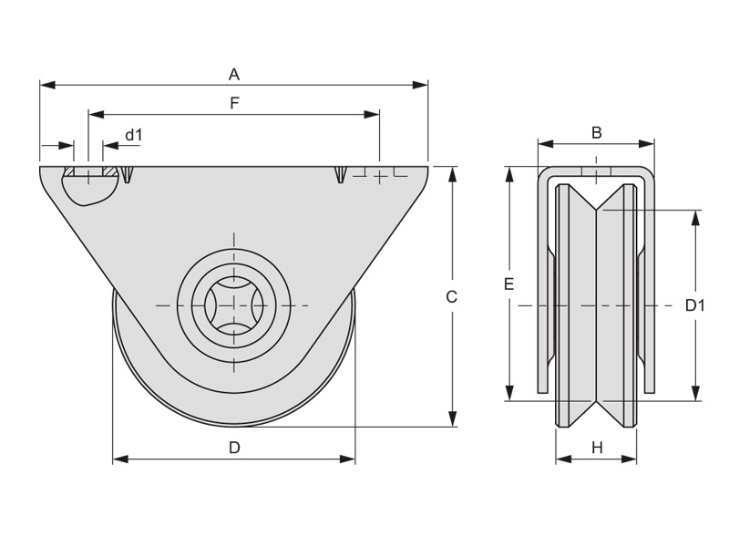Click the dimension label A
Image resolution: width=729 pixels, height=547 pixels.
point(233,73)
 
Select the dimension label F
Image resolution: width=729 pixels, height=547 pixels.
point(233,103)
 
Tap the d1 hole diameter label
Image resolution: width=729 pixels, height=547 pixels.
point(134,135)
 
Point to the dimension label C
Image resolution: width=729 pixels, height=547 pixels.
point(451,296)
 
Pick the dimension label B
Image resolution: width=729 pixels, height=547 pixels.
point(597,132)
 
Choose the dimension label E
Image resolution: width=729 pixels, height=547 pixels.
point(509,284)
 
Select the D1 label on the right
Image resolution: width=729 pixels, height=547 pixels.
point(695,305)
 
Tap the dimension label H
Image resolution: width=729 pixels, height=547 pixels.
point(597,447)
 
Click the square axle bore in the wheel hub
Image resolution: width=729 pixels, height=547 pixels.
point(234,304)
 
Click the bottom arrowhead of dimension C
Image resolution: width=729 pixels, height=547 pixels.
point(453,420)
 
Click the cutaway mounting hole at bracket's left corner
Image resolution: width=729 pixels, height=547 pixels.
point(88,186)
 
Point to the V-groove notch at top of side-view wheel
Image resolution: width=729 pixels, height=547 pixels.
point(597,206)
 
